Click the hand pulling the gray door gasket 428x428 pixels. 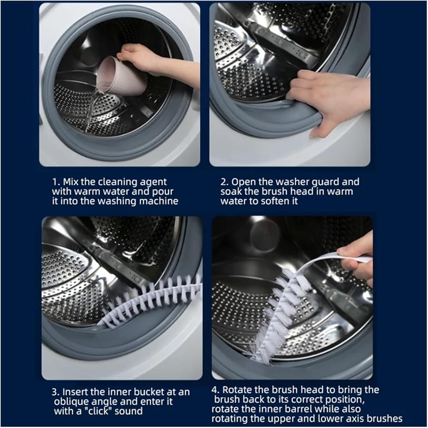coord(327,101)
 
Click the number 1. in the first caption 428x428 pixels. coord(56,182)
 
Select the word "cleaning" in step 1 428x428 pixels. coord(118,182)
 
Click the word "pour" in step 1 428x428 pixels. coord(163,192)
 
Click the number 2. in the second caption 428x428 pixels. coord(225,182)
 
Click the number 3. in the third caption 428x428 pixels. coord(56,392)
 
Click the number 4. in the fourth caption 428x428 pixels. coord(216,390)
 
